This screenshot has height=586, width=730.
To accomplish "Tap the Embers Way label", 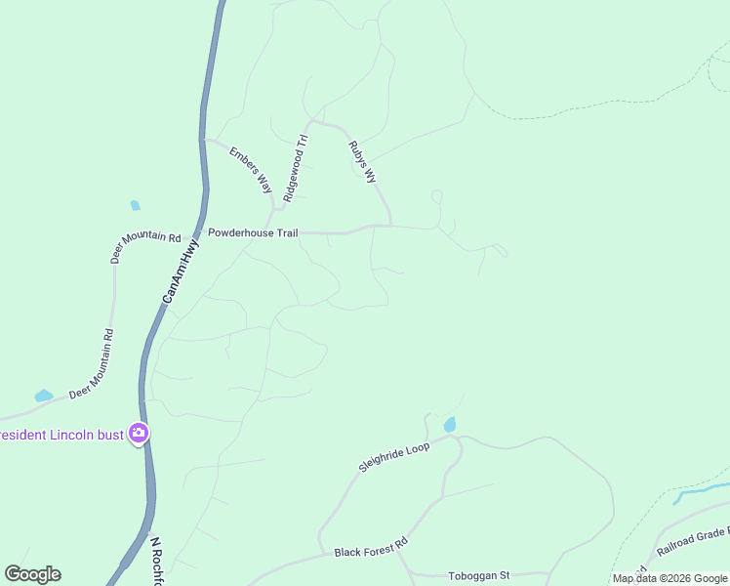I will click(251, 169).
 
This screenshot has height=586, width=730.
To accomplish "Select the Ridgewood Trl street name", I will click(295, 167).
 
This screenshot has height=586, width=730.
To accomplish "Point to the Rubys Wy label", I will click(362, 162).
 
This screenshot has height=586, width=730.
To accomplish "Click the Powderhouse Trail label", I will click(253, 232).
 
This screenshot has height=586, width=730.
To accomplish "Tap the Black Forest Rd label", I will click(370, 552).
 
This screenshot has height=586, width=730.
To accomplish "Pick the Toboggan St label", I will click(478, 575).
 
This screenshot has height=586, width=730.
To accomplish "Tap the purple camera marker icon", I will click(140, 433).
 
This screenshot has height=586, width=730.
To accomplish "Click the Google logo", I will click(32, 574).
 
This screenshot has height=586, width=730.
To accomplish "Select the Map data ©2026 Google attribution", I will click(670, 578).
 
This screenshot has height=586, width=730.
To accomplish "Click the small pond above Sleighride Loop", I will click(450, 425).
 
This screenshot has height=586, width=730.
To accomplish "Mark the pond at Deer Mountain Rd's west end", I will click(44, 396).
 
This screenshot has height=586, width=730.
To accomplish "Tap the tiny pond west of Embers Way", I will click(135, 205).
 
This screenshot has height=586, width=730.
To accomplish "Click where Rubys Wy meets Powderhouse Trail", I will click(391, 226).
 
